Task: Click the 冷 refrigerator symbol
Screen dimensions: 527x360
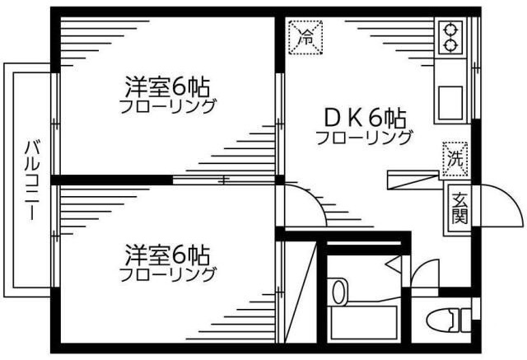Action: pos(305,37)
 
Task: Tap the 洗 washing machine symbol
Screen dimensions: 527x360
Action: pos(455,159)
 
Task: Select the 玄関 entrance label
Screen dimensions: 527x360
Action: pos(459,208)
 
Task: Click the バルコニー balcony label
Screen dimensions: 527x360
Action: pos(32,180)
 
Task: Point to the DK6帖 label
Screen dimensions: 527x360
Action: pos(365,119)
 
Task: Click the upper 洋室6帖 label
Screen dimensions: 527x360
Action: pos(167,86)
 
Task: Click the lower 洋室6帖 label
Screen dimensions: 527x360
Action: pos(167,255)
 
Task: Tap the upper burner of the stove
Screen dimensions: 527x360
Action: pos(450,30)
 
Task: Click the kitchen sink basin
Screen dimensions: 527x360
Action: pos(450,103)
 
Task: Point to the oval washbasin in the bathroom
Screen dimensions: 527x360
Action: pos(338,292)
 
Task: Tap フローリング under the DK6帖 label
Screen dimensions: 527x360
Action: pos(364,138)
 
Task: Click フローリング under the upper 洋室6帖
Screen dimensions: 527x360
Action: pos(167,106)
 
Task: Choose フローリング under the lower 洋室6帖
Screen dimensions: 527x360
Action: pos(167,274)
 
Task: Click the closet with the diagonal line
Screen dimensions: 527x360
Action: pos(301,292)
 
